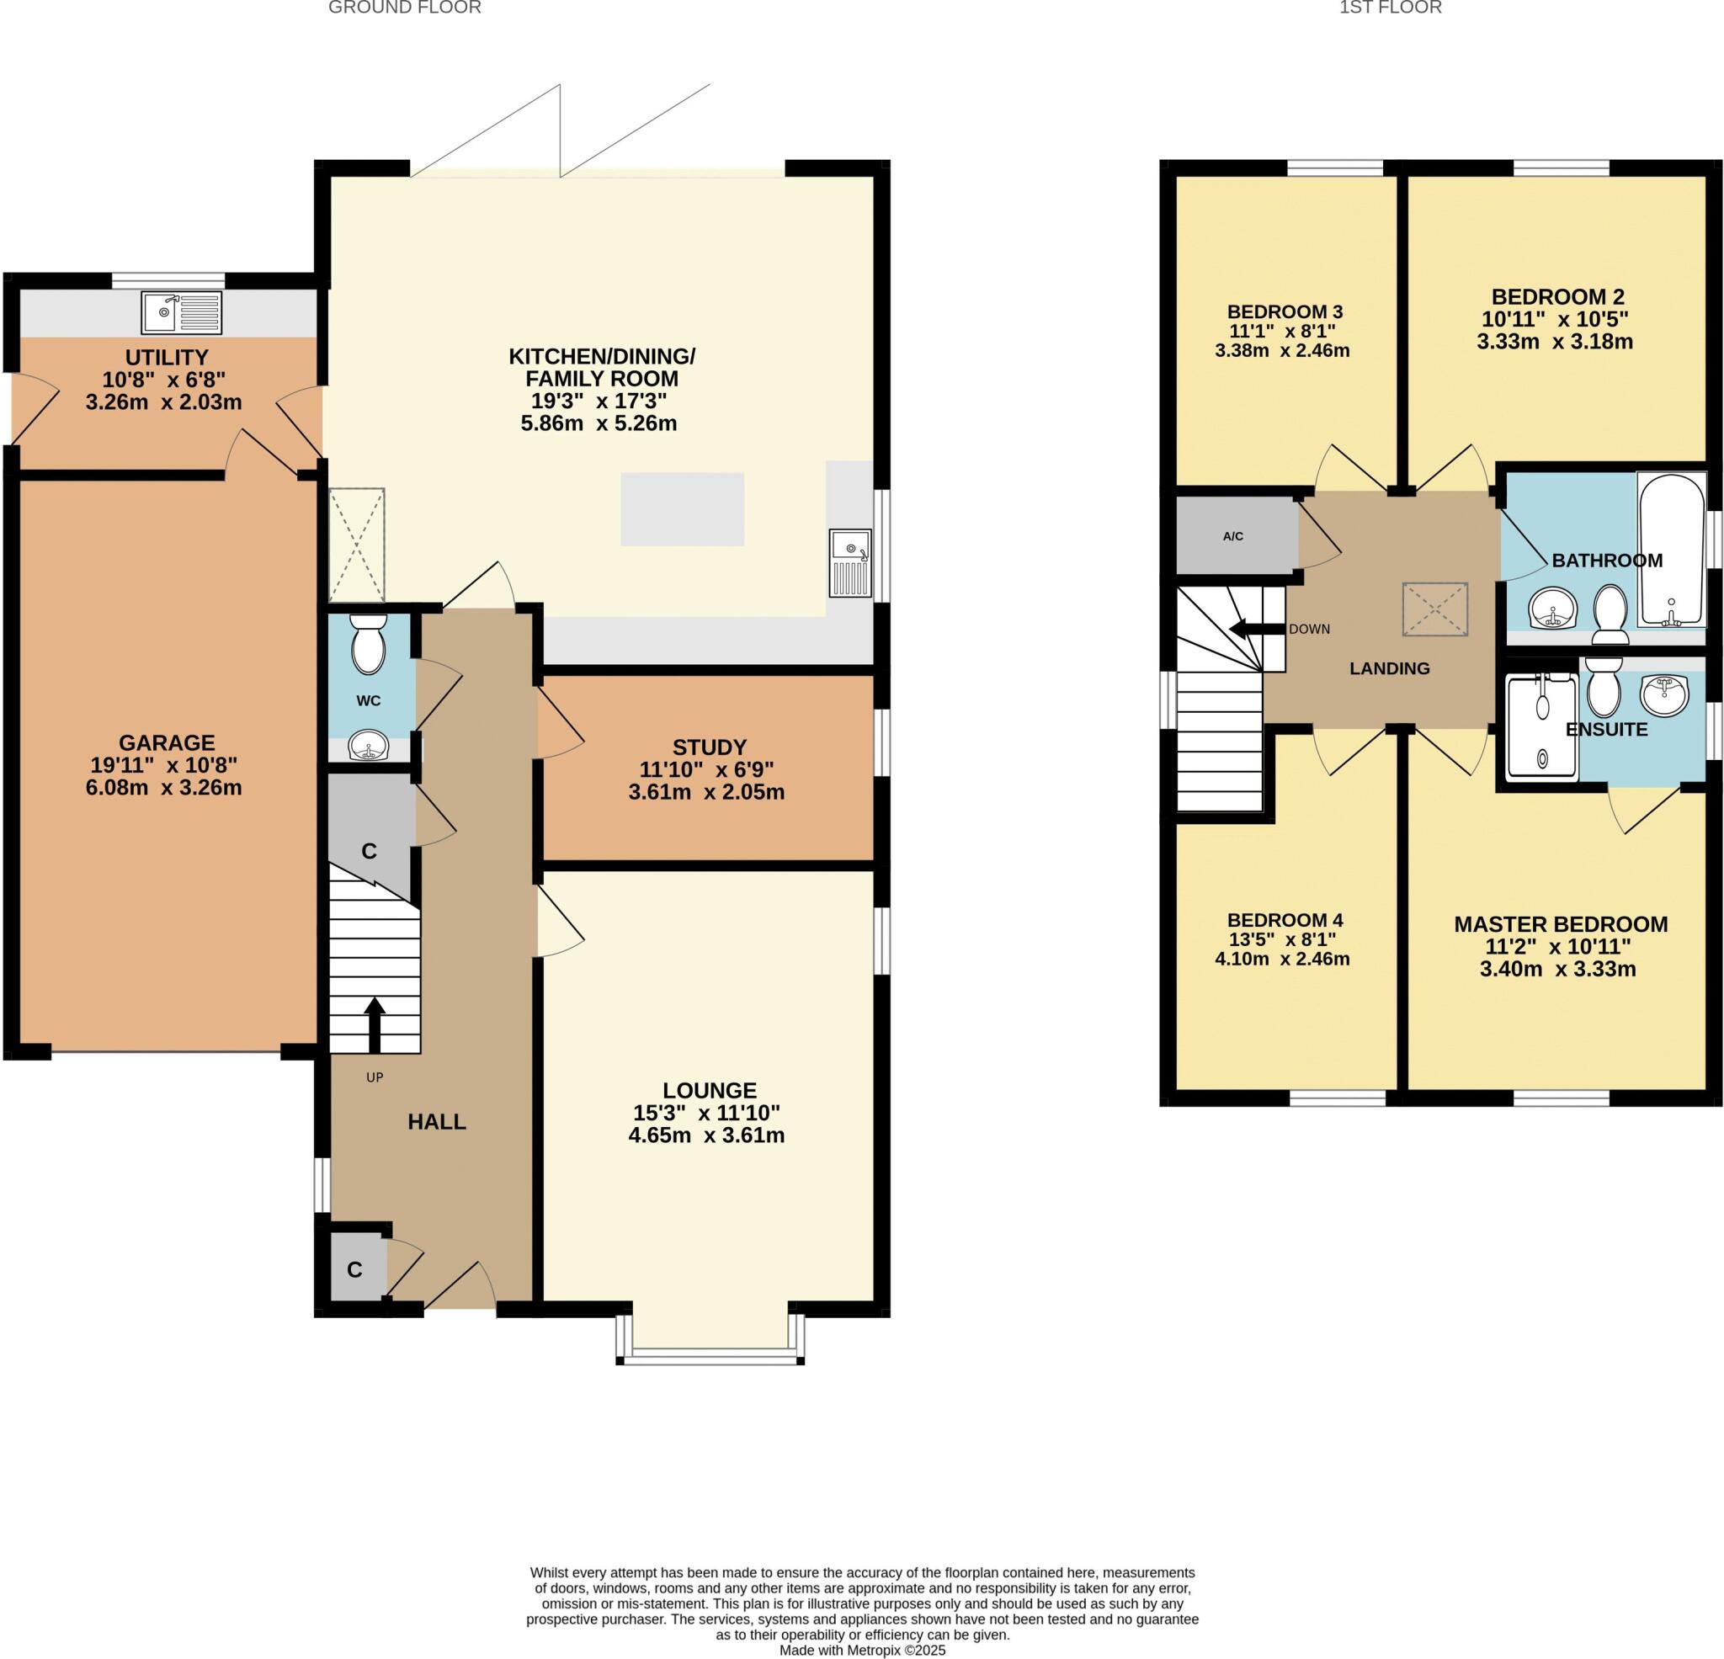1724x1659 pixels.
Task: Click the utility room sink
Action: coord(181,311)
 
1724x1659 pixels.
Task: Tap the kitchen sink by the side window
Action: coord(849,564)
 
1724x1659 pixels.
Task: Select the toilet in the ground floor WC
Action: coord(368,644)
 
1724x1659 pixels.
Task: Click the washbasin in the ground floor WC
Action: coord(369,748)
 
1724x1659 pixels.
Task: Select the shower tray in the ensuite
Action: coord(1542,726)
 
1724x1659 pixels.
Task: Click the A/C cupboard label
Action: coord(1233,536)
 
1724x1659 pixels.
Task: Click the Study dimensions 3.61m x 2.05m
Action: coord(706,793)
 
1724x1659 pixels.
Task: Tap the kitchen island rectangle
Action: coord(683,509)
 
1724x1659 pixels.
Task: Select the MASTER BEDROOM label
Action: coord(1561,925)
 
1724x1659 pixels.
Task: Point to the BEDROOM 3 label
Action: coord(1285,311)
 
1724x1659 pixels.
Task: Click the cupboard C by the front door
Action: coord(355,1270)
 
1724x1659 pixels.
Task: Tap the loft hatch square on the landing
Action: coord(1434,609)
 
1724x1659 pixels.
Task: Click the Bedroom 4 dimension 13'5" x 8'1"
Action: coord(1285,939)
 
